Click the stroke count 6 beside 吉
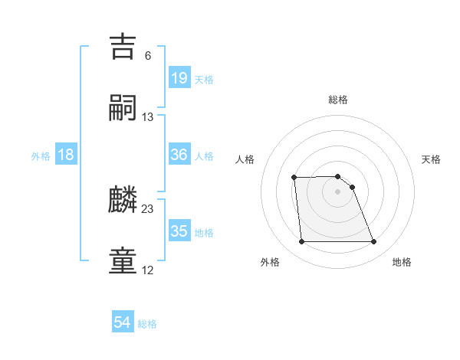point(148,56)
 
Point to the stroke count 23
point(148,209)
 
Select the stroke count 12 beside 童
point(148,270)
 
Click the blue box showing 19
point(179,78)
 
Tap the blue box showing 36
point(179,155)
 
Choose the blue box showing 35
point(179,231)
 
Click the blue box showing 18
point(66,155)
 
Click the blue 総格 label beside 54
point(147,324)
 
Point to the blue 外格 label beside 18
point(41,155)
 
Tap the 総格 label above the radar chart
point(338,100)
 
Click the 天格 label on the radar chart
point(432,159)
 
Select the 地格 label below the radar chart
point(402,262)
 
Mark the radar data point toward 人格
point(294,178)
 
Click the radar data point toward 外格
point(301,242)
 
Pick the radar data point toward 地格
point(373,242)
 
